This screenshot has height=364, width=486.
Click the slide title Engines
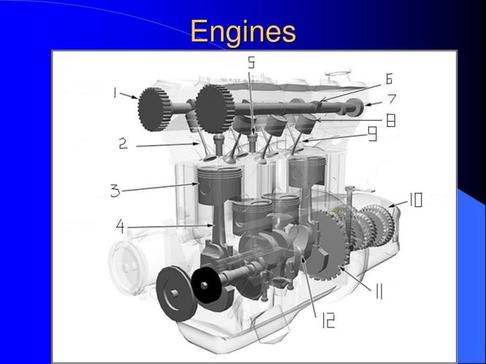coord(243,31)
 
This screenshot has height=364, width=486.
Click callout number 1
coord(115,93)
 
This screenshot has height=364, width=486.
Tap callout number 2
coord(123,143)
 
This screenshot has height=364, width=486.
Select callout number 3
coord(115,190)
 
